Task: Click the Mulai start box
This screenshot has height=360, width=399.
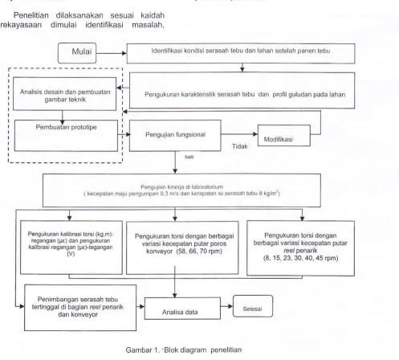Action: click(x=77, y=53)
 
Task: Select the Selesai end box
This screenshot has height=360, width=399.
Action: click(x=253, y=306)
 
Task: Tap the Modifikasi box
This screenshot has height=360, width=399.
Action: click(x=284, y=136)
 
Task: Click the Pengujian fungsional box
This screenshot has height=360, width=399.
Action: click(x=175, y=136)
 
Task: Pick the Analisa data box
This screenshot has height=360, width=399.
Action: click(x=182, y=309)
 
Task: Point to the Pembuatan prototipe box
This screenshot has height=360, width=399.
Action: click(x=66, y=136)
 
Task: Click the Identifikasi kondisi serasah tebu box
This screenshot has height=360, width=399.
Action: click(x=241, y=54)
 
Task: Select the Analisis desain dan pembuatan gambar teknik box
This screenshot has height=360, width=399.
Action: click(x=65, y=94)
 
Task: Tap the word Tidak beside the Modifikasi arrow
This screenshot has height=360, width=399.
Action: click(x=239, y=146)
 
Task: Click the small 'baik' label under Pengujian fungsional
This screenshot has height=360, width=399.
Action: click(x=189, y=157)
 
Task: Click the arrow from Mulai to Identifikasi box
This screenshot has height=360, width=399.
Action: click(x=112, y=53)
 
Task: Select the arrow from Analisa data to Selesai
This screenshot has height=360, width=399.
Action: click(x=227, y=306)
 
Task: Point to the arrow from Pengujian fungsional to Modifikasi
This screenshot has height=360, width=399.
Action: click(x=239, y=134)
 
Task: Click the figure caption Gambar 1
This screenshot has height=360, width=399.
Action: click(x=184, y=350)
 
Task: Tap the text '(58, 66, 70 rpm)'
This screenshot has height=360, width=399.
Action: click(x=199, y=252)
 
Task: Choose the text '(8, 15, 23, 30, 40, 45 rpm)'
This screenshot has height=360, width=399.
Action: click(x=300, y=258)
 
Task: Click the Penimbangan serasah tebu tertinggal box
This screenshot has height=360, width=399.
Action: click(x=80, y=308)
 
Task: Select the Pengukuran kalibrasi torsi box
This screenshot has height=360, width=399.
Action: click(x=71, y=247)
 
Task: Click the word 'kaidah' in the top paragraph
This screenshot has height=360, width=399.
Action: click(x=153, y=15)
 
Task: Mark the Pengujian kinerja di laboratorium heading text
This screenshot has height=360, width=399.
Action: click(x=182, y=186)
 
